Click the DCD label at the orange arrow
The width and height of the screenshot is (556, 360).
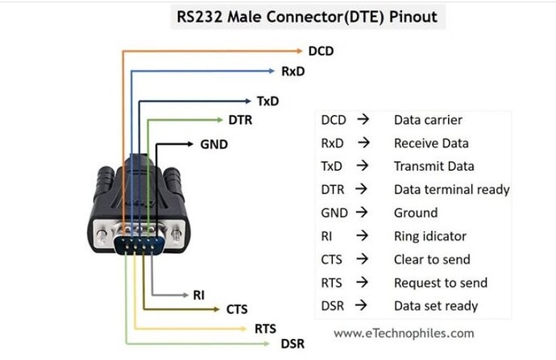click(321, 51)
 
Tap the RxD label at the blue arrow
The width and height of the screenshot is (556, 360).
click(293, 72)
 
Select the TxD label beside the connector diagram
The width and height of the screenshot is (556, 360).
click(268, 101)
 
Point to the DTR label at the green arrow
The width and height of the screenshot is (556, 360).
click(241, 121)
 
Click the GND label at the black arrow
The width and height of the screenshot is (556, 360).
click(214, 145)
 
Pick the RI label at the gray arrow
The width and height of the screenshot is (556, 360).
click(198, 295)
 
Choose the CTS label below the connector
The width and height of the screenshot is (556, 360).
click(237, 309)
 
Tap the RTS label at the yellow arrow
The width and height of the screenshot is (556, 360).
click(265, 329)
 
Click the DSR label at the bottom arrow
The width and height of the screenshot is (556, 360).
click(293, 344)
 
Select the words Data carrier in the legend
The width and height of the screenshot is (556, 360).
click(428, 120)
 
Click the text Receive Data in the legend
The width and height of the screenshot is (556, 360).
click(431, 143)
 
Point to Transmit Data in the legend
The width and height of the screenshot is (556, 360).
click(434, 167)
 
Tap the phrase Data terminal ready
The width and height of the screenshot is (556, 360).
click(451, 190)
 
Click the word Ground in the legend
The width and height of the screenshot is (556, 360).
click(416, 213)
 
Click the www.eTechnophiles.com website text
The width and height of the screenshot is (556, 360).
click(404, 333)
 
